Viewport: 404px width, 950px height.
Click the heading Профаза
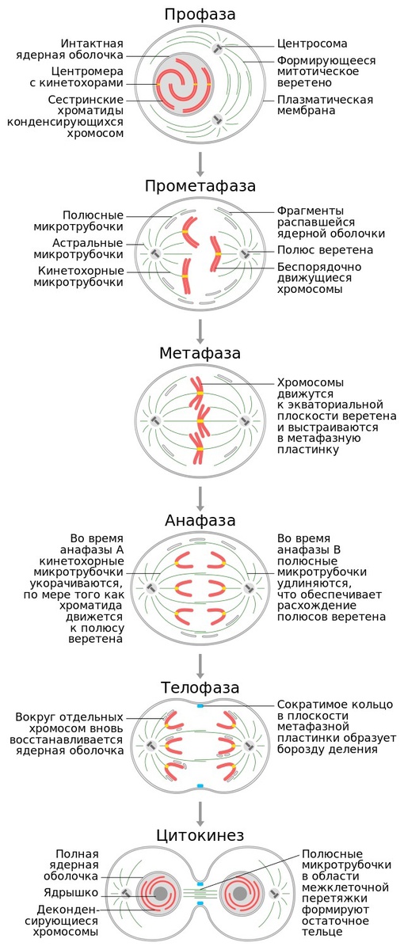tap(200, 15)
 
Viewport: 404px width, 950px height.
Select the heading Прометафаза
tap(200, 186)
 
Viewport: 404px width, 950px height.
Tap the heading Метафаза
tap(200, 353)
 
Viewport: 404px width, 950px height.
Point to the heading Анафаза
tap(200, 520)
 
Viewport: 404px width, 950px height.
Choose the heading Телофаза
tap(200, 687)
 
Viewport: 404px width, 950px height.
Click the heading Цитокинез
tap(200, 835)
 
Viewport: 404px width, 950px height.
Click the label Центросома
tap(312, 44)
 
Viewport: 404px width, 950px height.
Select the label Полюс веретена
tap(325, 250)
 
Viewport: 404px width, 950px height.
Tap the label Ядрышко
tap(71, 893)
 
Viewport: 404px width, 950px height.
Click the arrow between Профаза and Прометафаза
tap(200, 164)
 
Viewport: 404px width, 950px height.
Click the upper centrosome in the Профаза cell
tap(217, 48)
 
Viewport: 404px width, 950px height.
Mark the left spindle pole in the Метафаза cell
tap(155, 421)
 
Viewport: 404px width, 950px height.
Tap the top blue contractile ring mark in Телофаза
tap(200, 705)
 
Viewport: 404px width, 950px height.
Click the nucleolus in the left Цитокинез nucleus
tap(160, 894)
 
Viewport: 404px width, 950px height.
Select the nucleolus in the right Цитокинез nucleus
tap(239, 894)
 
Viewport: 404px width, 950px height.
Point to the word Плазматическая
tap(325, 100)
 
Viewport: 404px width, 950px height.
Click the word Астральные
tap(87, 244)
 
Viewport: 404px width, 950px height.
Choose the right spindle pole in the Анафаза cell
tap(249, 588)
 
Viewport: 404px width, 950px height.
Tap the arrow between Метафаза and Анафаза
tap(200, 499)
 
